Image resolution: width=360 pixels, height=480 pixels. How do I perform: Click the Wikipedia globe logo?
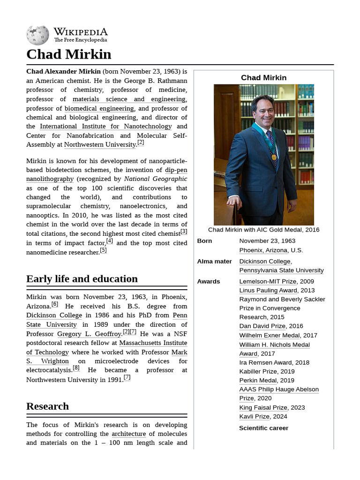37,35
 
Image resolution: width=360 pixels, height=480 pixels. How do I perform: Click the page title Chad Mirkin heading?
68,54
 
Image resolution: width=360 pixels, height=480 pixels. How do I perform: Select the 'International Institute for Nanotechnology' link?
105,126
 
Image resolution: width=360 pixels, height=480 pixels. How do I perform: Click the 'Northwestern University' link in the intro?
99,145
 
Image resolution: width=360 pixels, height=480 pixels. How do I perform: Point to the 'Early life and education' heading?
82,279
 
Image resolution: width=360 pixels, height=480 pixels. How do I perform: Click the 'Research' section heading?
47,406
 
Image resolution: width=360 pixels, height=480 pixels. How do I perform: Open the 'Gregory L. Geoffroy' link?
89,334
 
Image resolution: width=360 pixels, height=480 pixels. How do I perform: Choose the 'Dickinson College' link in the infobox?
264,262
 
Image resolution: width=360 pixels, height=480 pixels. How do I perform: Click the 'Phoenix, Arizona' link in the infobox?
263,250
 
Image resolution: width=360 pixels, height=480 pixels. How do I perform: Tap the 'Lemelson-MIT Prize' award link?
268,282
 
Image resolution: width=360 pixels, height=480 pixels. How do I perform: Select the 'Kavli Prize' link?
254,417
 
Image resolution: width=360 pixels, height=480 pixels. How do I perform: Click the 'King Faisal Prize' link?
263,408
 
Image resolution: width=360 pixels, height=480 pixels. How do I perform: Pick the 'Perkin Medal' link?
258,381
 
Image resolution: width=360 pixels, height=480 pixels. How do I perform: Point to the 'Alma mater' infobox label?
214,262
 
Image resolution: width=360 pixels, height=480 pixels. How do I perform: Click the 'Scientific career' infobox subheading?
263,428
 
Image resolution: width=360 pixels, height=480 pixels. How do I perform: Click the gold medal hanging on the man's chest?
273,157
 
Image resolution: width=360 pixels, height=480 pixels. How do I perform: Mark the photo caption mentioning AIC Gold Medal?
263,230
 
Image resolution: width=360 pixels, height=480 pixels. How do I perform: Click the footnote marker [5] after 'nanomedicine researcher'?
103,250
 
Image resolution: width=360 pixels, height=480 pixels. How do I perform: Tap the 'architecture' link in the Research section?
128,434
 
